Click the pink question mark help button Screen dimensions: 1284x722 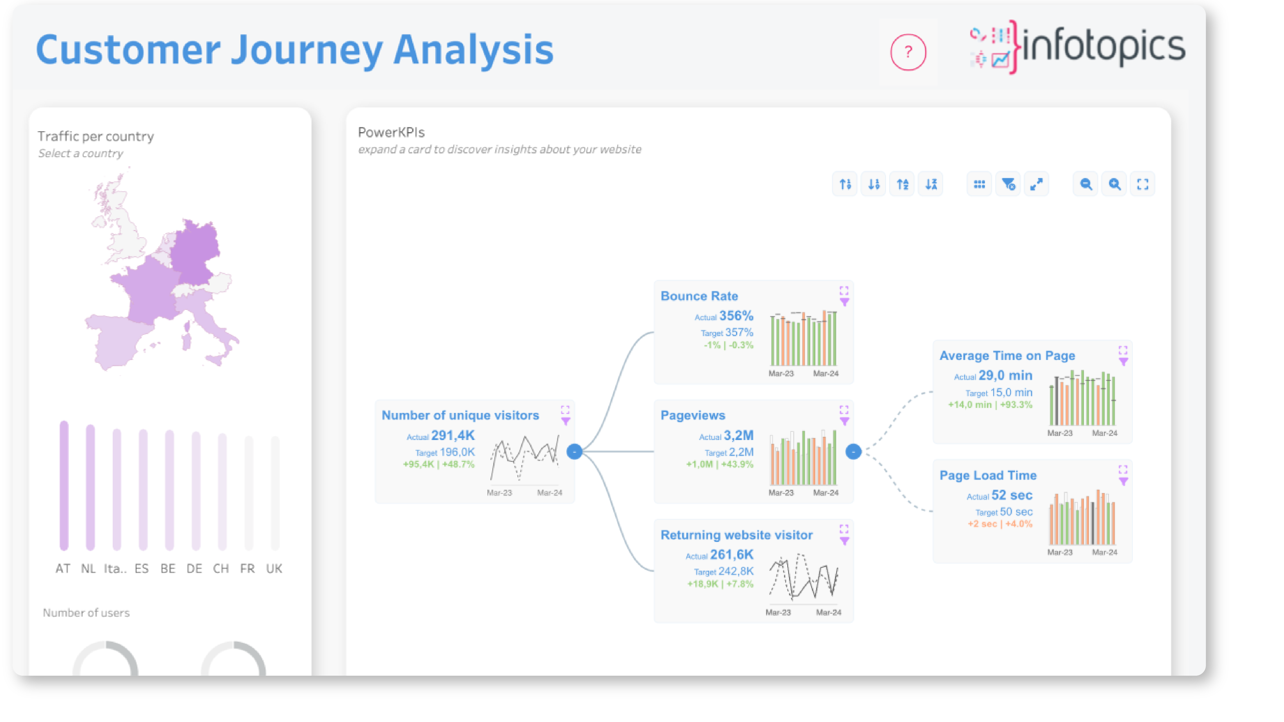click(908, 52)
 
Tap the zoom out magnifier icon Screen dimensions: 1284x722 click(1086, 185)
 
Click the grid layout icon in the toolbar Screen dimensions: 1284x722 click(979, 185)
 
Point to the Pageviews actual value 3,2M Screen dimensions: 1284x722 click(739, 435)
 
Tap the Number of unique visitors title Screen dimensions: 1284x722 click(460, 415)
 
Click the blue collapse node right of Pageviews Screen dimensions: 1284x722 click(853, 451)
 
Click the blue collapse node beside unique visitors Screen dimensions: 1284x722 click(574, 451)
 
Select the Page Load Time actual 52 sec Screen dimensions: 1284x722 click(1012, 495)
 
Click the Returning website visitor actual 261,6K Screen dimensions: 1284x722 click(732, 555)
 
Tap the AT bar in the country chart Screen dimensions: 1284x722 click(64, 486)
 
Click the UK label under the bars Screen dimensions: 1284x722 click(274, 569)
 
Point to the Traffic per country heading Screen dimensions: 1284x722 click(96, 136)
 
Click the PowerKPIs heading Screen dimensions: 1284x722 click(391, 132)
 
